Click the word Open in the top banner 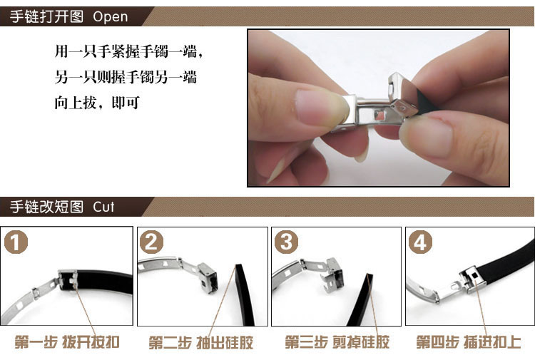[x=110, y=17]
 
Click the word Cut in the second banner [x=103, y=207]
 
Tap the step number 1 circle [x=16, y=242]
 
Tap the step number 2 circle [x=151, y=242]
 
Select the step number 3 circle [x=286, y=242]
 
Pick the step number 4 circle [x=420, y=242]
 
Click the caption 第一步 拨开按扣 [x=67, y=342]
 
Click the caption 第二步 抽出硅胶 [x=201, y=342]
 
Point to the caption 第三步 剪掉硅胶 [x=337, y=342]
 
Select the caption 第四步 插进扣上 [x=469, y=342]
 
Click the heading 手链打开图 [x=46, y=16]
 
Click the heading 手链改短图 [x=46, y=207]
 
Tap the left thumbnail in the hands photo [x=321, y=108]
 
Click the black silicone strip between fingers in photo [x=426, y=102]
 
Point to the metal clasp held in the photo [x=379, y=106]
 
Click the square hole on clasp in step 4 [x=474, y=274]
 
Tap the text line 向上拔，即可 [x=97, y=102]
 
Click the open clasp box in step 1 [x=68, y=280]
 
